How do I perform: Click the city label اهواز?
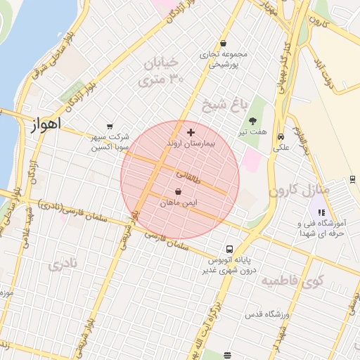coord(46,124)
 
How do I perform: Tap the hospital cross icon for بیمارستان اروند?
coord(191,132)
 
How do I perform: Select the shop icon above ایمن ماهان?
coord(179,191)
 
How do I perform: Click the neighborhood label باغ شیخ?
coord(225,105)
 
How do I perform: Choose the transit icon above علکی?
coord(281,137)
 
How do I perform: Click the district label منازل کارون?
coord(299,190)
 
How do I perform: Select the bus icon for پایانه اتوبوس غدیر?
coord(229,249)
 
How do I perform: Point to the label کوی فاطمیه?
coord(291,282)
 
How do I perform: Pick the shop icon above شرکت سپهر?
coord(108,127)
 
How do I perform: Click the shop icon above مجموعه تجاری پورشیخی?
coord(224,43)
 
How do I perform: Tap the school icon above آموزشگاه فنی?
coord(321,212)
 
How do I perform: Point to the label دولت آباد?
coord(324,74)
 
